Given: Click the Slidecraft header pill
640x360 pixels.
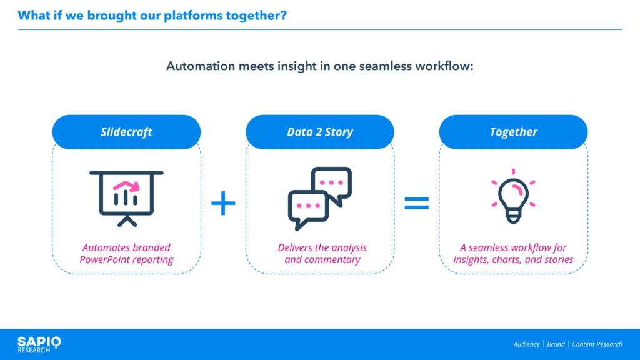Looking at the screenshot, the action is point(126,132).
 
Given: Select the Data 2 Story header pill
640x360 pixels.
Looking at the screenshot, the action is point(320,132).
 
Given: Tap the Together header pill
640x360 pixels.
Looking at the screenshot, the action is point(514,132).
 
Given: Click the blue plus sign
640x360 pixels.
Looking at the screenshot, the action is point(223,203).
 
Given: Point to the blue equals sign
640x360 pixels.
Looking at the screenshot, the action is point(417,203).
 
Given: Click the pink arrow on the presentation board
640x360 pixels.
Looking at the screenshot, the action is point(127,185).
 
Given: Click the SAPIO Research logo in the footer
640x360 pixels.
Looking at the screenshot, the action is point(39,345).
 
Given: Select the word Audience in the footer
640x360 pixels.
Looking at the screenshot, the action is point(526,344).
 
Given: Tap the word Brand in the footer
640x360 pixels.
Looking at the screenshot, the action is point(556,344).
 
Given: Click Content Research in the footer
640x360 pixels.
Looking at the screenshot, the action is point(597,344).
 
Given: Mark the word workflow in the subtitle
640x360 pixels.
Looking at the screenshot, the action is point(442,66).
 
